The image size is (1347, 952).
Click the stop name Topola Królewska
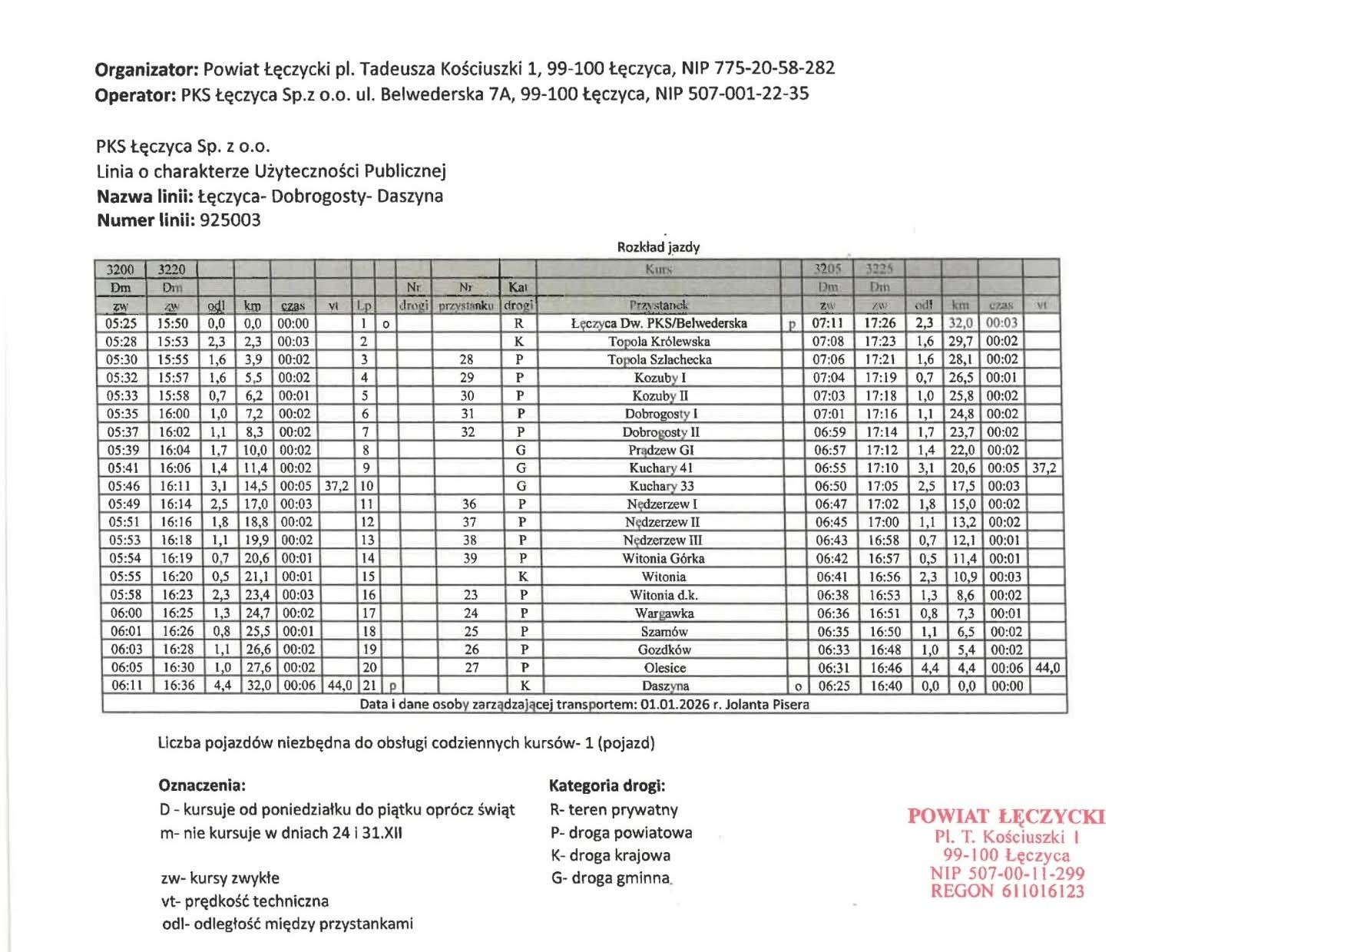(659, 342)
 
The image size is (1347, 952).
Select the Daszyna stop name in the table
(665, 686)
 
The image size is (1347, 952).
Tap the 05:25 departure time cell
(121, 323)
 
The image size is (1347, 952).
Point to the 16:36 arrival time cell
(178, 685)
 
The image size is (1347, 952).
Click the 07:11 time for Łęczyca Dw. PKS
(828, 323)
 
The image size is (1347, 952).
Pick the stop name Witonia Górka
(663, 558)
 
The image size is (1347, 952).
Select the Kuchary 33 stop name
(661, 486)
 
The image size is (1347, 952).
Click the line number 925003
(230, 220)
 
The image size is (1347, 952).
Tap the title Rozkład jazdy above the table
(658, 247)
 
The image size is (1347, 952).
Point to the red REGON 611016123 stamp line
(1007, 891)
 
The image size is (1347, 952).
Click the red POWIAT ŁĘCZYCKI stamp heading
(1006, 816)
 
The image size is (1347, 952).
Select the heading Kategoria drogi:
(607, 785)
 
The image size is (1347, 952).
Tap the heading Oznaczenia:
(202, 785)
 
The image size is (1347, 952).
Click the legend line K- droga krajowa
(610, 855)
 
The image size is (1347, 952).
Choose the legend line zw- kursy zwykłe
(220, 878)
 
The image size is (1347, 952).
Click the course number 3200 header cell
(120, 269)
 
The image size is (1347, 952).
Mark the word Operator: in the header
(135, 94)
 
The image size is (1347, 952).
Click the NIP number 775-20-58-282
(774, 68)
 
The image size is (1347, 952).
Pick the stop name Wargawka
(664, 613)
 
